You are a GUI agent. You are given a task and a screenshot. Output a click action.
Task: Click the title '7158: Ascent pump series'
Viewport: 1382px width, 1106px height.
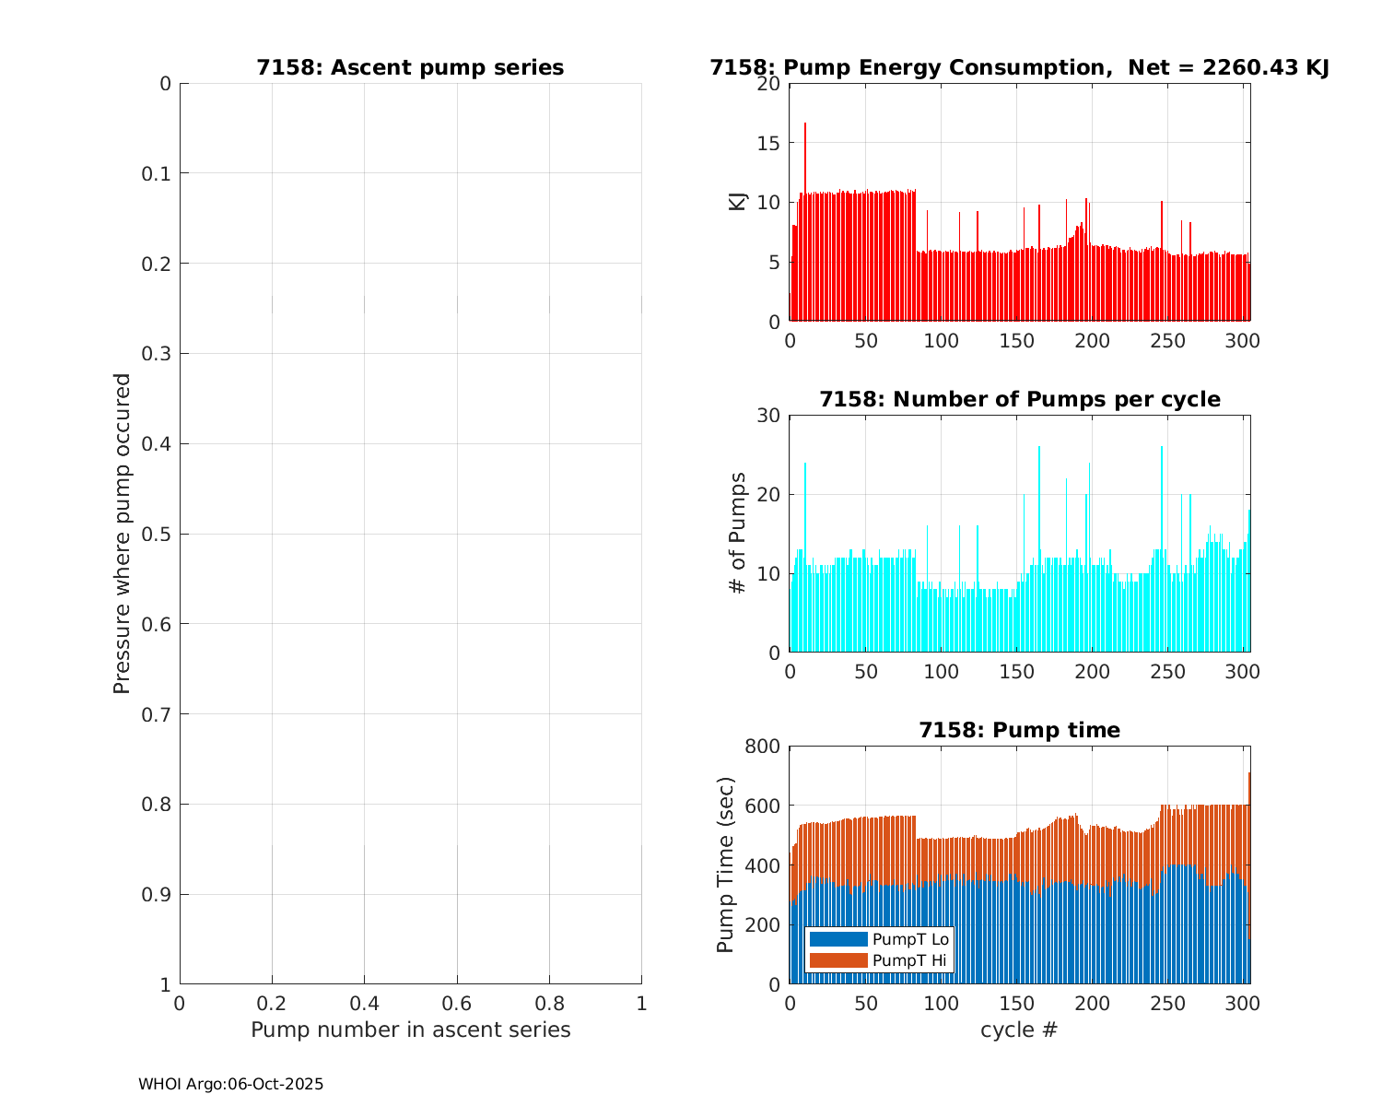coord(410,68)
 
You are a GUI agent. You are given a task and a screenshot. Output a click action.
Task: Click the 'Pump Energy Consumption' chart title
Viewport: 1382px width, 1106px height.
coord(1019,68)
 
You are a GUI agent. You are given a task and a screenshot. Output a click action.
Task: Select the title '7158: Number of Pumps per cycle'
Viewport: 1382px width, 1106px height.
coord(1019,400)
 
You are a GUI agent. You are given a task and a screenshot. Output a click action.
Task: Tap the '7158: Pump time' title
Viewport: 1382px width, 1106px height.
coord(1019,731)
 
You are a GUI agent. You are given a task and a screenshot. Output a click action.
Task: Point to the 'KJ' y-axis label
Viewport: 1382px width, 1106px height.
coord(737,202)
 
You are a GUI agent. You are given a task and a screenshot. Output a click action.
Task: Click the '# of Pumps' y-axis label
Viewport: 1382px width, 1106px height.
coord(737,533)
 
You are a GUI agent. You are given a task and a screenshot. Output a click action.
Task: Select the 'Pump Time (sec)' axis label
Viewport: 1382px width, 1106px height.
coord(726,865)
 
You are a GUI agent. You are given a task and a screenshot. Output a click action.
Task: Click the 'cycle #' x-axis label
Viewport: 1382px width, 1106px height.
coord(1019,1030)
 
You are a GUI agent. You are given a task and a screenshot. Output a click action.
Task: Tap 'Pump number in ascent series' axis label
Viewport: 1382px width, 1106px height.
coord(410,1030)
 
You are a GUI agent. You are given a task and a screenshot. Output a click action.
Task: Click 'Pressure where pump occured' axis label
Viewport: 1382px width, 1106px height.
coord(122,533)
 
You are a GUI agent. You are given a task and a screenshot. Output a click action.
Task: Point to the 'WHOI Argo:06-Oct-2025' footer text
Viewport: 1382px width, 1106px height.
coord(230,1085)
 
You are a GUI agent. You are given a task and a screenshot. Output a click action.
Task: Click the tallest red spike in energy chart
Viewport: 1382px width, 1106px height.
coord(805,124)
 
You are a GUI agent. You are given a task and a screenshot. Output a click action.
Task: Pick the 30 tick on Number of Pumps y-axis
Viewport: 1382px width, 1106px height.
coord(769,416)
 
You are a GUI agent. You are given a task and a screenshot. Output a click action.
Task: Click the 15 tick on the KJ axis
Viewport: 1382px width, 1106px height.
coord(769,143)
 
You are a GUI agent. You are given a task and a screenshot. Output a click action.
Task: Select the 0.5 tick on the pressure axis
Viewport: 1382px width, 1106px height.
coord(158,535)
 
